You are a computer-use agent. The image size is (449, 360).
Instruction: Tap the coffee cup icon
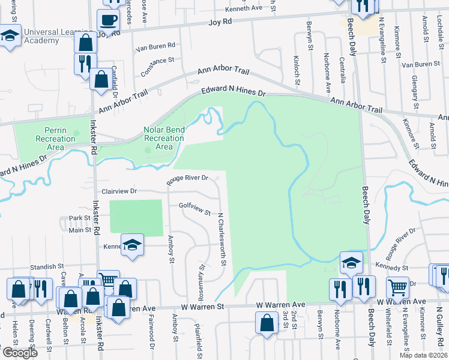(109, 20)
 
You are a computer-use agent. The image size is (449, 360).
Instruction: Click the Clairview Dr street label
(119, 191)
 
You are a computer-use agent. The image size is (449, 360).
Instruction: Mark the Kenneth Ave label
(245, 9)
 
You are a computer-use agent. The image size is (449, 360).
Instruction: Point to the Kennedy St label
(392, 266)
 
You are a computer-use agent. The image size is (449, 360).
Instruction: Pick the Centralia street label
(342, 70)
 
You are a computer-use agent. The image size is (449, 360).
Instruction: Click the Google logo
(20, 353)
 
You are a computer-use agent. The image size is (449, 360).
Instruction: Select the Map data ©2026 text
(423, 355)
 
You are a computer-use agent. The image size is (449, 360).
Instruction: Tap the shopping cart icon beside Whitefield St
(397, 287)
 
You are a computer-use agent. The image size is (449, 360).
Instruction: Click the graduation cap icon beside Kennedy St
(351, 263)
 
